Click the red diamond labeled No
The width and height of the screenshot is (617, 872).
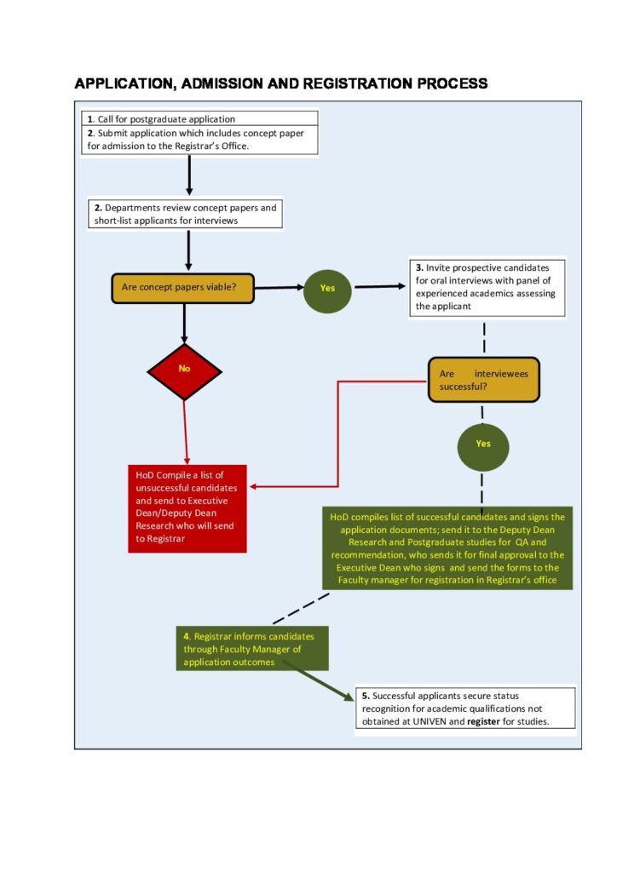click(184, 371)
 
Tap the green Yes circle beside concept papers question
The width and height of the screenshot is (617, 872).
click(327, 289)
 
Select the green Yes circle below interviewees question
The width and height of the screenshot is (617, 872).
click(483, 446)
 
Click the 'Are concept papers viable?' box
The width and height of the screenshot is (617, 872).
click(182, 288)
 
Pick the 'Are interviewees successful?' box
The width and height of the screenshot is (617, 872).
click(483, 380)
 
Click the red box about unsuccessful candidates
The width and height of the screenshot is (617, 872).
click(187, 508)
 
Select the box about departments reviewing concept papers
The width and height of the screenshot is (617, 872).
click(185, 214)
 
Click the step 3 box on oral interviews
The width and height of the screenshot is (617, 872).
click(487, 287)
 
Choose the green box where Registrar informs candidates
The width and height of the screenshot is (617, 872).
click(252, 648)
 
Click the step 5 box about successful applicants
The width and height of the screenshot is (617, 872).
click(465, 708)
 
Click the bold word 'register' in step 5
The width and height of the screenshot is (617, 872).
click(483, 722)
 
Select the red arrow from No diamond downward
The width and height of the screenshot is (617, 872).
click(186, 432)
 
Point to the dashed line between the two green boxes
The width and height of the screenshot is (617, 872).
click(301, 608)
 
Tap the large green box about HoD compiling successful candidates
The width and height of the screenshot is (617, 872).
click(447, 548)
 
